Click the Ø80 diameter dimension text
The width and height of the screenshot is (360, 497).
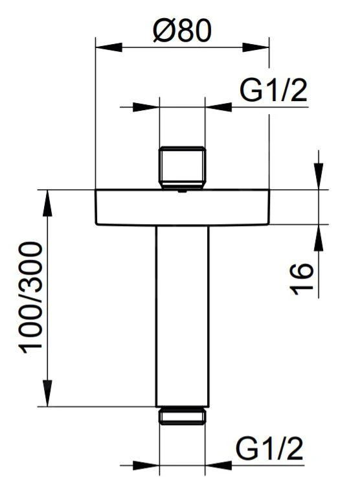pos(182,30)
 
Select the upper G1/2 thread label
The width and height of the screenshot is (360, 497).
pos(273,92)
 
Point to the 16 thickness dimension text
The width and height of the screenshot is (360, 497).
pos(302,279)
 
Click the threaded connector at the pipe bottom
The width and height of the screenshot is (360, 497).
pos(182,415)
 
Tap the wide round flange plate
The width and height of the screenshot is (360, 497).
pos(182,207)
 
